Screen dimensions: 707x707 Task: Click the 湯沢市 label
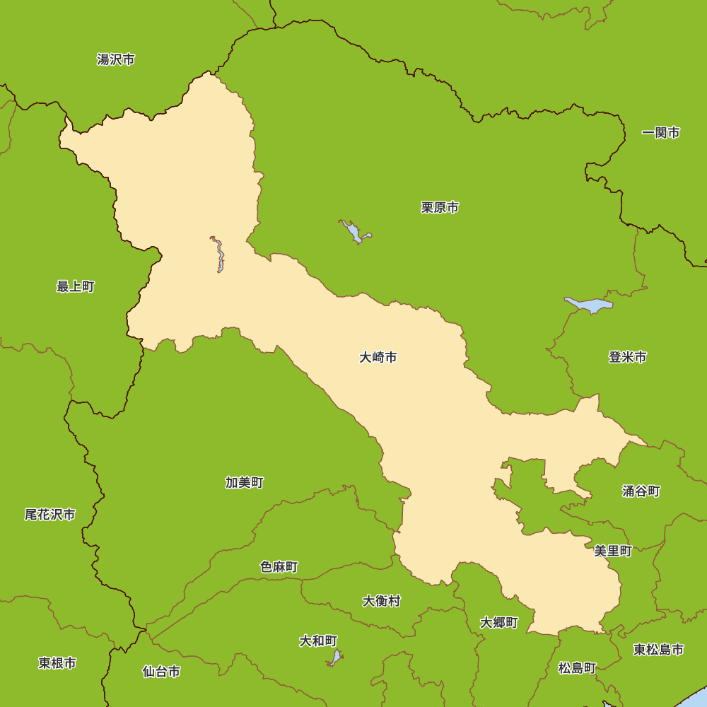click(116, 59)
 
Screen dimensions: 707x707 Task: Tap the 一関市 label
click(661, 133)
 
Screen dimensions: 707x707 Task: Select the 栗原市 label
click(440, 208)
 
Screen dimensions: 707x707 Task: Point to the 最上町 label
click(76, 286)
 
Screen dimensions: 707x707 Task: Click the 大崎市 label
click(378, 358)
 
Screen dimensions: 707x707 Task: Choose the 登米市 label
click(628, 358)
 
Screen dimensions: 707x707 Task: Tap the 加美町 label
click(245, 483)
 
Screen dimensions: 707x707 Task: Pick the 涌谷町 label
click(641, 491)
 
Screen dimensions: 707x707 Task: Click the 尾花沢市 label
click(50, 515)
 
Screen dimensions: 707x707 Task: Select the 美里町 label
click(613, 551)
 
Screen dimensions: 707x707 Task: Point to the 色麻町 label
click(279, 567)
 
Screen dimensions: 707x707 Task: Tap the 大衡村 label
click(382, 601)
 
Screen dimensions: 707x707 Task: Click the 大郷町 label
click(499, 623)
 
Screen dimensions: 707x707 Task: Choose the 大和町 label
click(318, 641)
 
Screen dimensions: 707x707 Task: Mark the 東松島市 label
click(658, 650)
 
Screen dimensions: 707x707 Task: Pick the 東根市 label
click(57, 663)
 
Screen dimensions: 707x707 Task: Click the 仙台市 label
click(161, 672)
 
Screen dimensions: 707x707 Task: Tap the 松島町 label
click(577, 668)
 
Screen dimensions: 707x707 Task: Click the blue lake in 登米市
click(589, 305)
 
